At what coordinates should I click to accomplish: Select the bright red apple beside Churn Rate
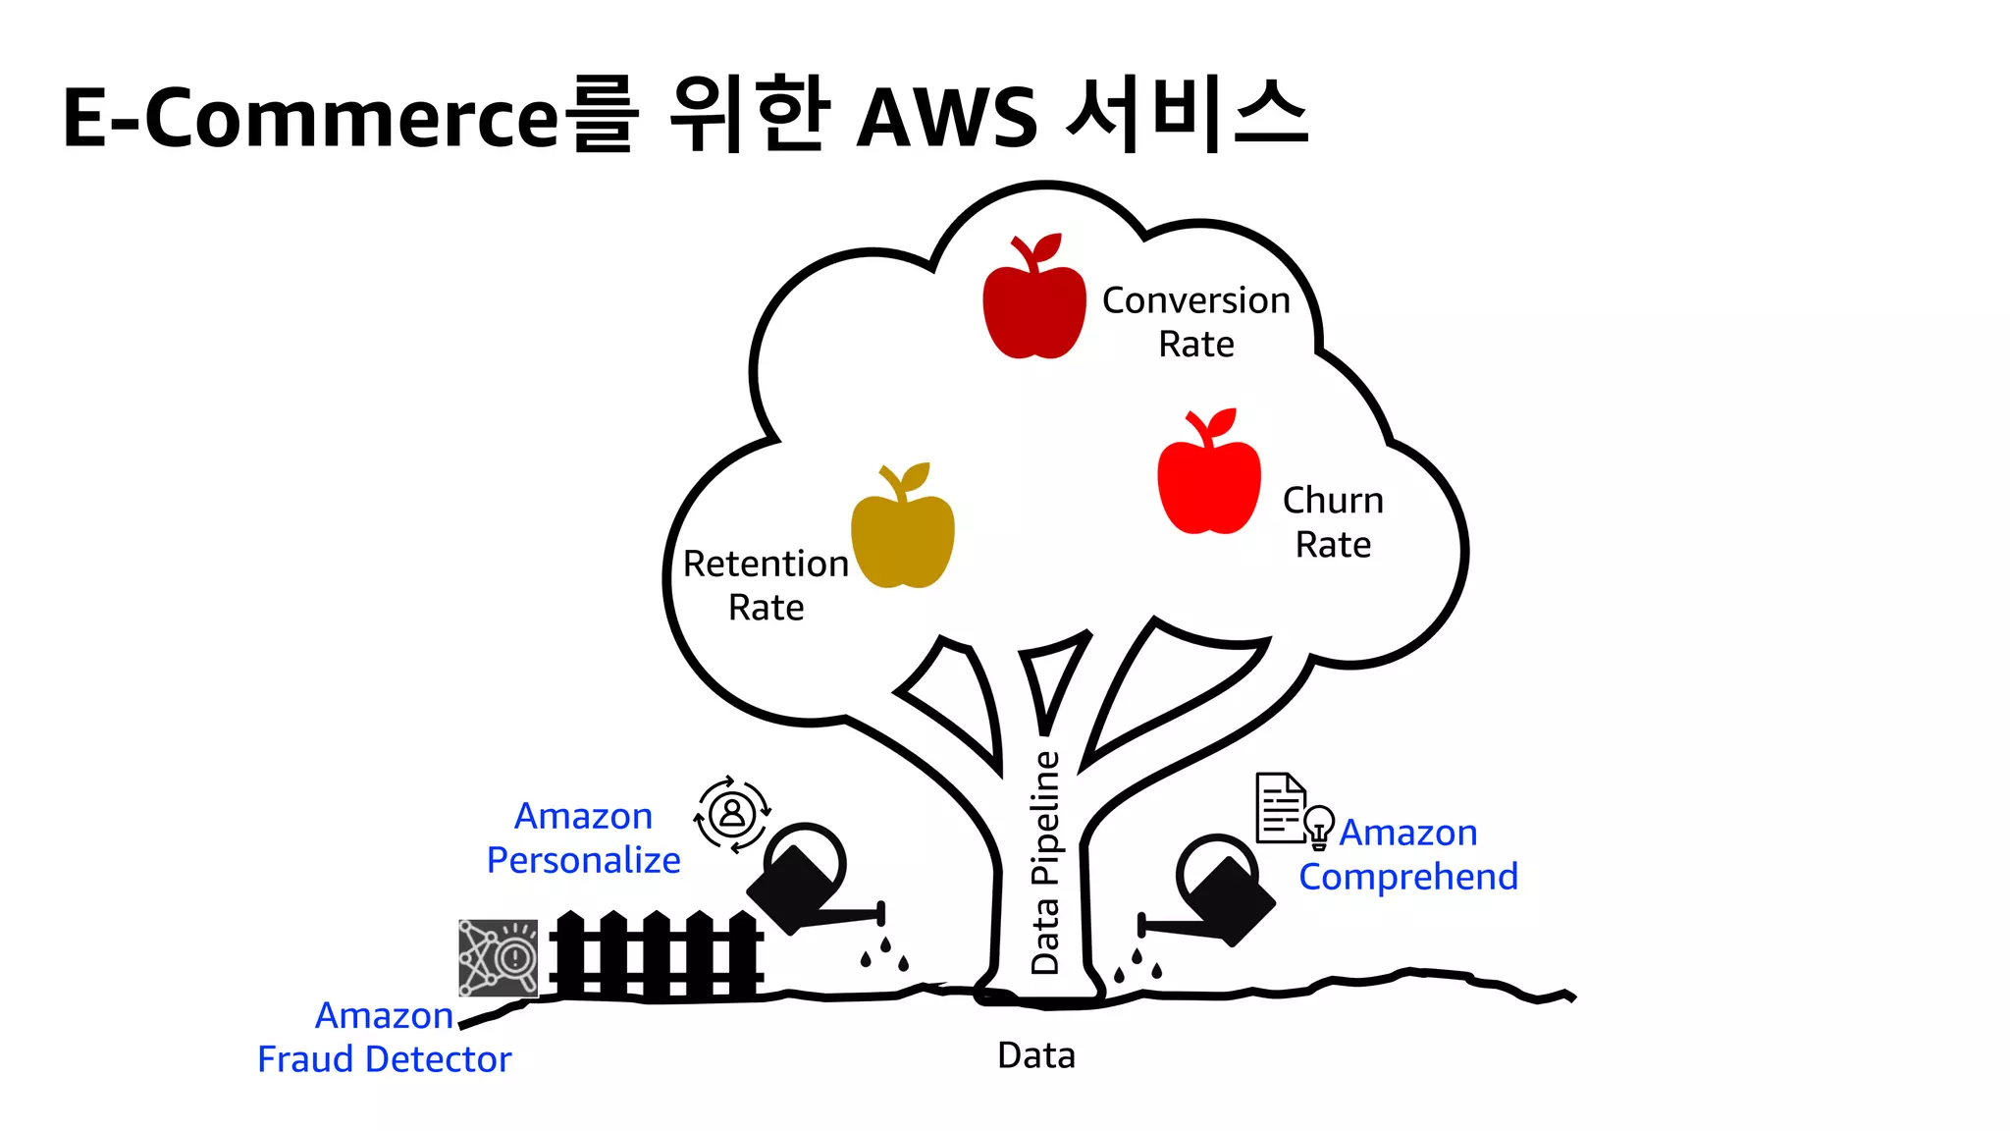coord(1209,477)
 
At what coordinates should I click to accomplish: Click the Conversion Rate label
coord(1196,322)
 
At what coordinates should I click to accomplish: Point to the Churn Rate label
coord(1333,522)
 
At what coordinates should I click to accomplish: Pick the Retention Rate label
coord(767,585)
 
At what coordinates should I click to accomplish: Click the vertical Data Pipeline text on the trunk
coord(1046,862)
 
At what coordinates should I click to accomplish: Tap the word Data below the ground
coord(1036,1056)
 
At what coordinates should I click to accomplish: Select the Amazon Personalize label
coord(584,838)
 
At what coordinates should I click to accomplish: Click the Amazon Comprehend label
coord(1408,854)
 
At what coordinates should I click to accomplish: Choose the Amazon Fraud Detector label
coord(385,1038)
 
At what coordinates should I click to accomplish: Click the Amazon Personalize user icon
coord(732,814)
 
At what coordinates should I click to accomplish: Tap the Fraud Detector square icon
coord(499,958)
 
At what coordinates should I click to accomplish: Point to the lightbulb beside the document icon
coord(1319,827)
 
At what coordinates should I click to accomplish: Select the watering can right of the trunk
coord(1217,891)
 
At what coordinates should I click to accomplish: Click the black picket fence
coord(656,956)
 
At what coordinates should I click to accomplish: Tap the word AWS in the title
coord(947,118)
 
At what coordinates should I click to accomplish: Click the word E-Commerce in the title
coord(311,118)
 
